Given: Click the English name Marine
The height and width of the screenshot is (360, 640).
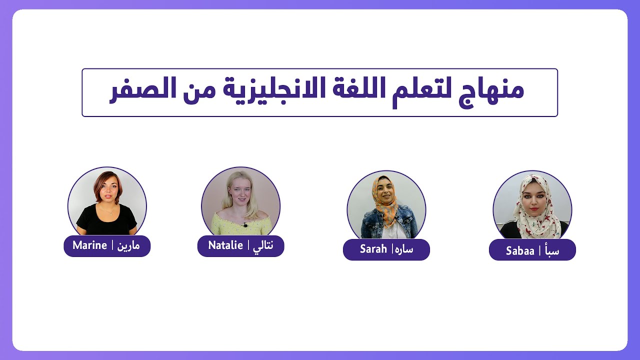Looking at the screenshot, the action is coord(89,245).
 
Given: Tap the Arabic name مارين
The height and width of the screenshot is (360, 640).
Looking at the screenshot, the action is coord(128,246).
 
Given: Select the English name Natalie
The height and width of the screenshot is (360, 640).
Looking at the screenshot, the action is coord(225,245).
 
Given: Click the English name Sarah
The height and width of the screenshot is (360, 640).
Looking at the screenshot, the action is coord(373,249).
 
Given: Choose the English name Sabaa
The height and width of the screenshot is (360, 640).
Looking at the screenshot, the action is coord(520,251).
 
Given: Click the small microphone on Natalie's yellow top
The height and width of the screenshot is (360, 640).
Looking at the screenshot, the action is coord(245,225).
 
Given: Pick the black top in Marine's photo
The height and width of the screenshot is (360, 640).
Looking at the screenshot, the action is coord(106,221).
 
